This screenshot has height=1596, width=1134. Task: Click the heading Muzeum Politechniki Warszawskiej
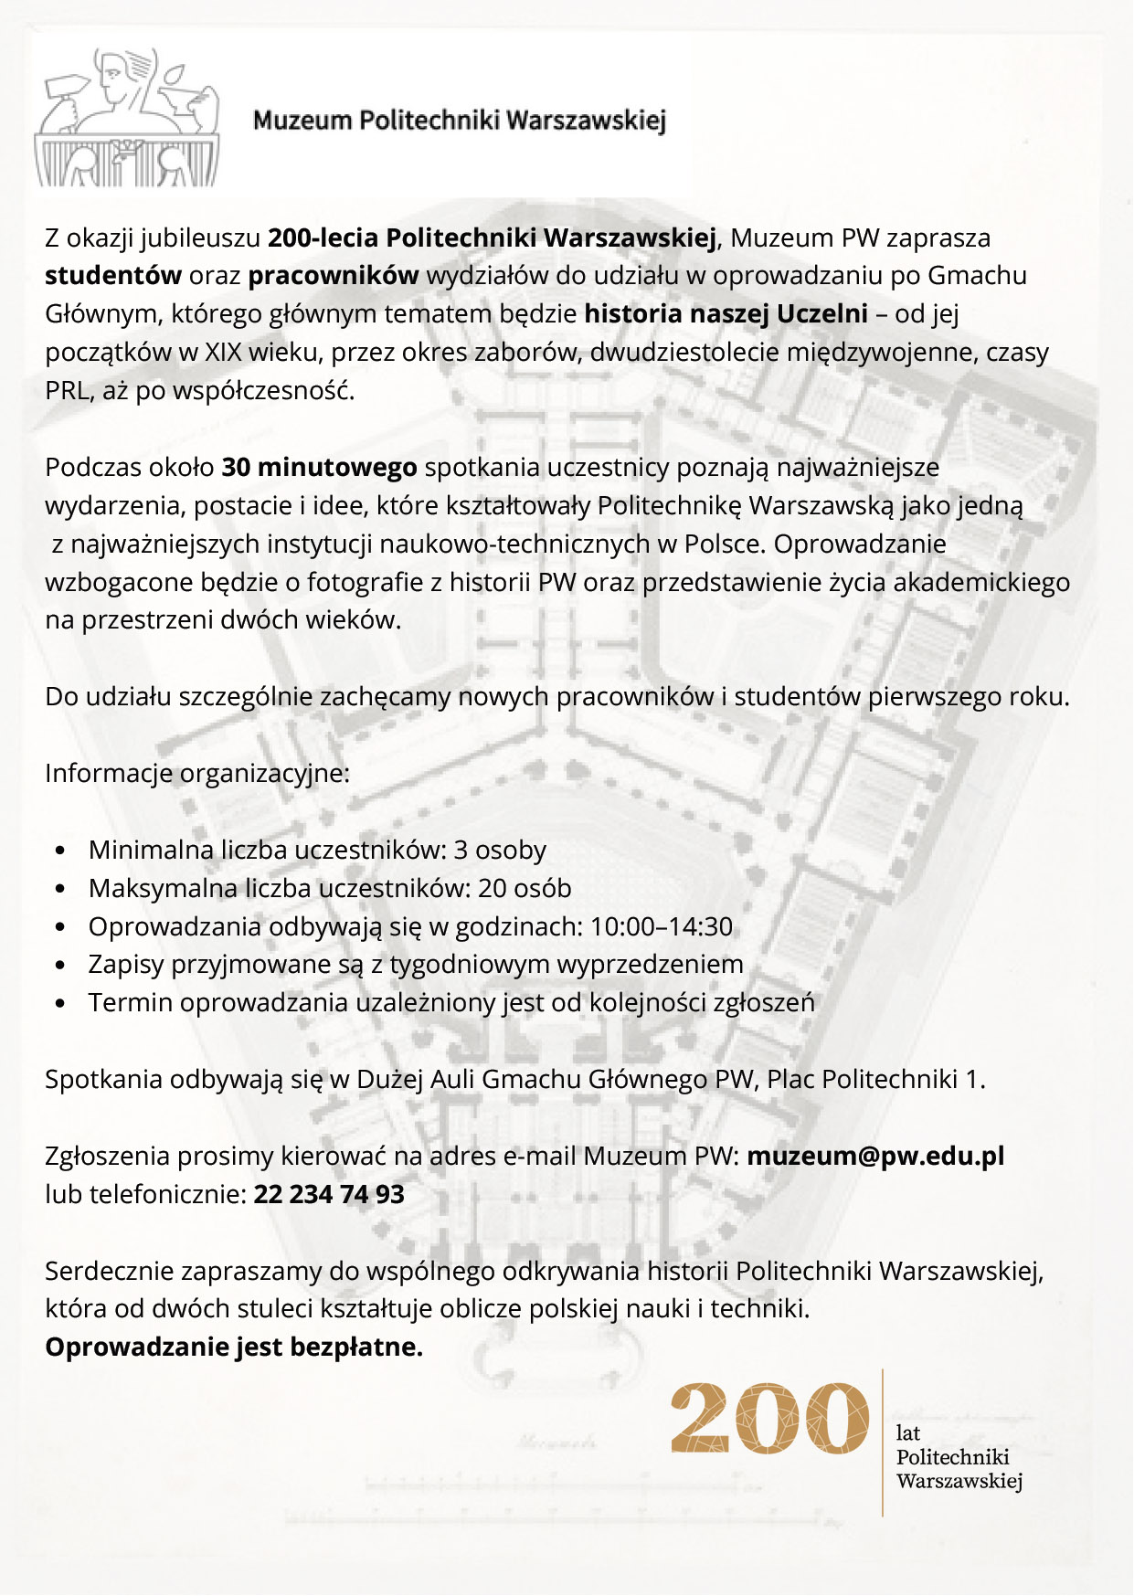pyautogui.click(x=459, y=121)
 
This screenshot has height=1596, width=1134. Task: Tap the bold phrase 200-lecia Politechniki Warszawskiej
pyautogui.click(x=492, y=238)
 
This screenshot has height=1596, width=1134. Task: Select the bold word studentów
pyautogui.click(x=113, y=276)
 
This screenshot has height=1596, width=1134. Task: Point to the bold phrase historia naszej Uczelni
pyautogui.click(x=726, y=314)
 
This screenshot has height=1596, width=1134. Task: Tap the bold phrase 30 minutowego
pyautogui.click(x=319, y=468)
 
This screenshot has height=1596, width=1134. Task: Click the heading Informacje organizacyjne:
pyautogui.click(x=197, y=774)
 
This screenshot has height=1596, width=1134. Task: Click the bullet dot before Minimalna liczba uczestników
pyautogui.click(x=60, y=851)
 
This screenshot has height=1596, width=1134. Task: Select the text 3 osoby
pyautogui.click(x=500, y=851)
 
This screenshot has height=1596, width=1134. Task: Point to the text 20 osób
pyautogui.click(x=525, y=889)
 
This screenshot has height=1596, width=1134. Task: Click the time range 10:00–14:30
pyautogui.click(x=662, y=927)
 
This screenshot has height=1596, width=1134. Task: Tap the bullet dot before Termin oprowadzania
pyautogui.click(x=60, y=1003)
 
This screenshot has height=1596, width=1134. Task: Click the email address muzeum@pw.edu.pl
pyautogui.click(x=875, y=1157)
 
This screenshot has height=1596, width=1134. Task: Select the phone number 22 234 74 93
pyautogui.click(x=329, y=1195)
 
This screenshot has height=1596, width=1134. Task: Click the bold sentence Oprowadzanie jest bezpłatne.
pyautogui.click(x=234, y=1348)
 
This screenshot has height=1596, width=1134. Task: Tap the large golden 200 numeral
pyautogui.click(x=769, y=1418)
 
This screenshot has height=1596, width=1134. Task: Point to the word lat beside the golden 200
pyautogui.click(x=907, y=1433)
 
